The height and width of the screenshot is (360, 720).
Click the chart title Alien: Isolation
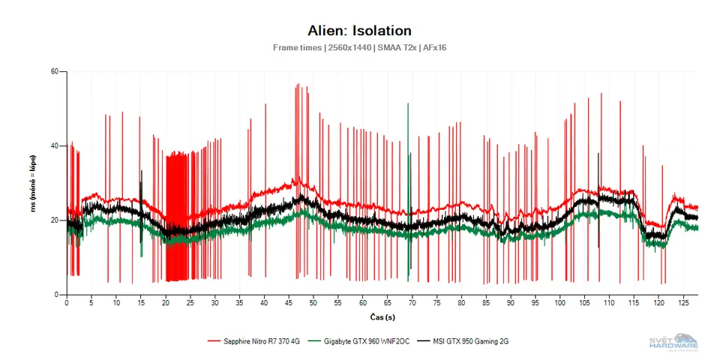click(359, 31)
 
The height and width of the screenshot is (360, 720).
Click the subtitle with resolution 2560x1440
click(359, 47)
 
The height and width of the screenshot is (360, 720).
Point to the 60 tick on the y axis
click(54, 72)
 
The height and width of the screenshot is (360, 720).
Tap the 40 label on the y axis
click(54, 145)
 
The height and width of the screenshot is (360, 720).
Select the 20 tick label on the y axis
click(54, 220)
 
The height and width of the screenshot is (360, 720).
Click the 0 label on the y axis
click(56, 294)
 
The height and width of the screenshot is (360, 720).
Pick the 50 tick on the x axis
click(313, 304)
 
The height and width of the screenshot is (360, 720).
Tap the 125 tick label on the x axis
click(683, 304)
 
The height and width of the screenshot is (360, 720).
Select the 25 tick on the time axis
click(190, 304)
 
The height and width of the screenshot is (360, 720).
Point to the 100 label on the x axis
click(560, 304)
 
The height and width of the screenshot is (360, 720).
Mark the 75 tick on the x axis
click(437, 304)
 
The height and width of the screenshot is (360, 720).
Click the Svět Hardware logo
click(673, 341)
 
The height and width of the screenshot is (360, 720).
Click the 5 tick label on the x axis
click(91, 304)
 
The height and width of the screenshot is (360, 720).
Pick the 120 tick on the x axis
click(658, 304)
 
